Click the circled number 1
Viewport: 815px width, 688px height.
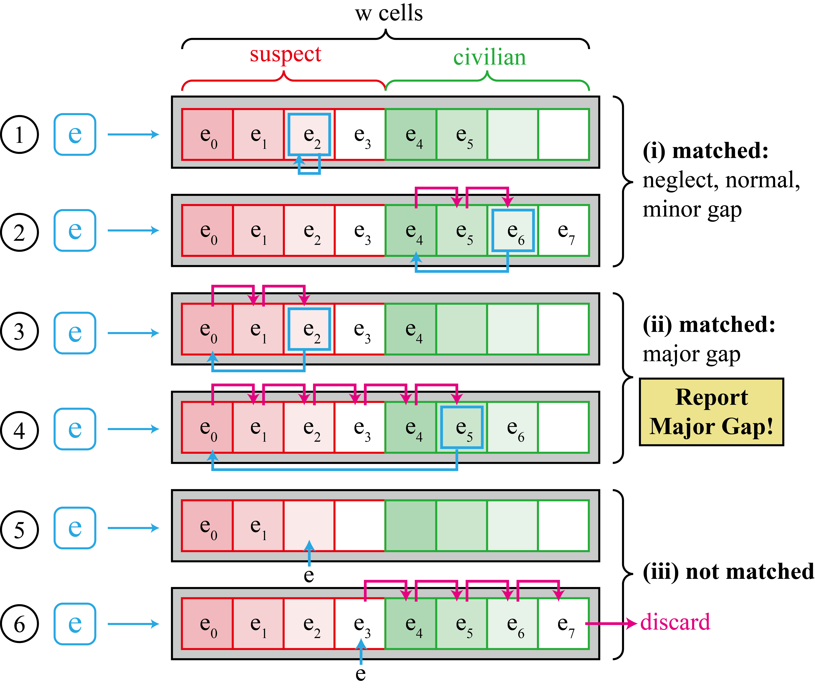(x=20, y=135)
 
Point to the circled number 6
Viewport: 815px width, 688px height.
(x=20, y=624)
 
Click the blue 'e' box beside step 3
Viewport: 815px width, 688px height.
(x=75, y=333)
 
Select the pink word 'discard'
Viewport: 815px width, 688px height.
(x=675, y=622)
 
